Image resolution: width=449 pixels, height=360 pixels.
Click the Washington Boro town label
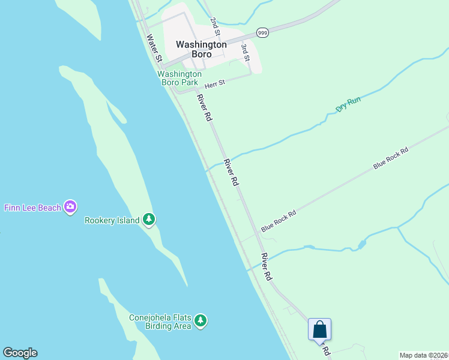[201, 49]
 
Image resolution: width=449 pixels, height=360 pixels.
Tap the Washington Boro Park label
[179, 78]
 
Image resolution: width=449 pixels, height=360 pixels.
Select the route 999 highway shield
[262, 33]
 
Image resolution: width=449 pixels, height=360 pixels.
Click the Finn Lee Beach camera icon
[71, 207]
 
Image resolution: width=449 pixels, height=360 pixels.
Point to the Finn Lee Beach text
[32, 208]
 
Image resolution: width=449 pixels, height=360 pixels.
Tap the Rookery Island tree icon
[148, 220]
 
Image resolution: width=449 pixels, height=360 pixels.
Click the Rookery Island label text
[112, 220]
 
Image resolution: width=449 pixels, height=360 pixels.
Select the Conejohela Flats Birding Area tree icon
[200, 322]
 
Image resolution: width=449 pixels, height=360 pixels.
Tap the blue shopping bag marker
[319, 329]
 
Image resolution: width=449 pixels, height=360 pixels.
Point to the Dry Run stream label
[348, 104]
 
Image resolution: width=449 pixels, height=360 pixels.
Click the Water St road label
[154, 48]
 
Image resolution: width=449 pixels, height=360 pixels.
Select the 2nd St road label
[215, 25]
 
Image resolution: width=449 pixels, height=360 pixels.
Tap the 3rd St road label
[245, 52]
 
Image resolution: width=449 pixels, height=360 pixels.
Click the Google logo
[20, 353]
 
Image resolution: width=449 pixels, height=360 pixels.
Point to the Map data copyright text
[424, 355]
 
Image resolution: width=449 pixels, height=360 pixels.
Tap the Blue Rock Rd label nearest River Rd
[279, 221]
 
